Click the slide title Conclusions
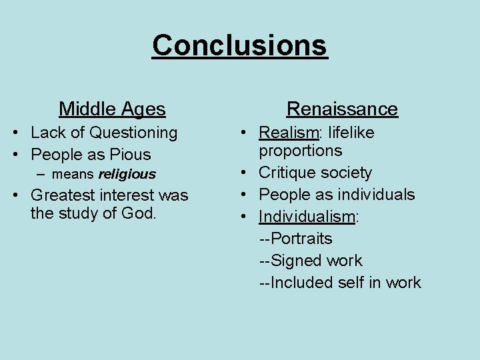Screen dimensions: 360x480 tap(240, 45)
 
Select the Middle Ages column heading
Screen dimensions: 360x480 tap(112, 108)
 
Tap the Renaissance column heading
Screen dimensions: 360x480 tap(342, 109)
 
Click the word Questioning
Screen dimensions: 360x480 tap(133, 133)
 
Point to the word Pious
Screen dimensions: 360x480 tap(129, 155)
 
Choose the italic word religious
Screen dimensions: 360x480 tap(127, 175)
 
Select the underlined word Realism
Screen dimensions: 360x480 tap(287, 133)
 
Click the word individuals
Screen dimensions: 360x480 tap(376, 195)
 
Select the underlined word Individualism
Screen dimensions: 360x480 tap(307, 217)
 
